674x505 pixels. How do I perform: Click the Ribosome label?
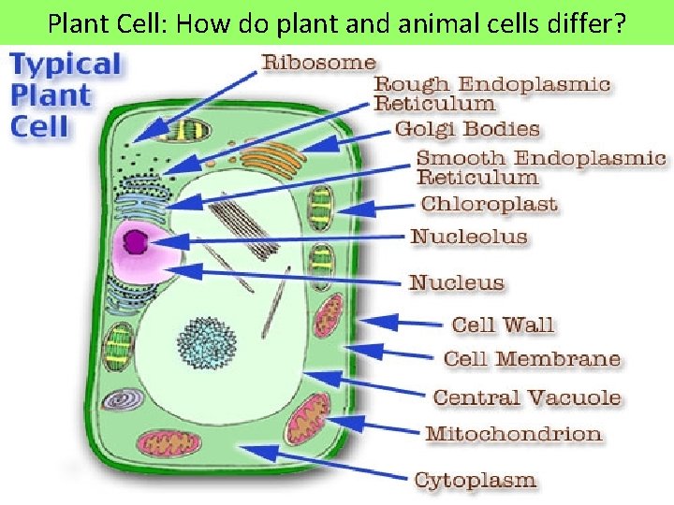coord(319,64)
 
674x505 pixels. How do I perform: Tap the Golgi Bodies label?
coord(467,129)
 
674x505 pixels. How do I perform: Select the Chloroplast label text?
coord(489,204)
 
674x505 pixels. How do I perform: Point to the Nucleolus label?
coord(469,236)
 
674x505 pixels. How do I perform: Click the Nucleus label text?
coord(457,282)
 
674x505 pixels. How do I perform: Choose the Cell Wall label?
coord(503,325)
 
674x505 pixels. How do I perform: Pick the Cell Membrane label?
coord(532,359)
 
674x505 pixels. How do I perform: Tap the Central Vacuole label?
coord(527,397)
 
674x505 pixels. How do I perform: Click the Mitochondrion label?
coord(513,434)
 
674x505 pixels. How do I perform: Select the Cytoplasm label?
coord(476,481)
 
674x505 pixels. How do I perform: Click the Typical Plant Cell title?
coord(65,95)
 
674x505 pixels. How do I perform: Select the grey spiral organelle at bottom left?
coord(123,400)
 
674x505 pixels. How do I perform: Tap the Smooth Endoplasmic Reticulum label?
coord(540,167)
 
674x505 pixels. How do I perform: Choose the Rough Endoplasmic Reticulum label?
coord(491,94)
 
